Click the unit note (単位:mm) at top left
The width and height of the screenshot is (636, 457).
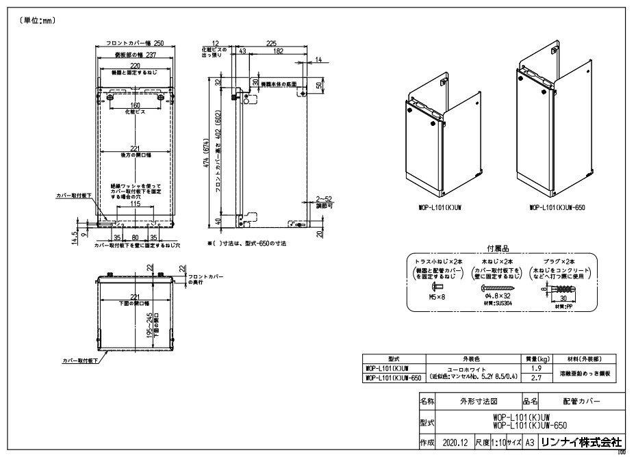(x=34, y=21)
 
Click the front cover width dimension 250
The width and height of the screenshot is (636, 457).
(x=159, y=42)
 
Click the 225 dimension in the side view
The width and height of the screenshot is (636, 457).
(x=271, y=42)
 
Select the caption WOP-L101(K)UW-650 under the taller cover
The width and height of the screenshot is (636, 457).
(x=553, y=206)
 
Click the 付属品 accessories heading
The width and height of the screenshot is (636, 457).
(x=498, y=250)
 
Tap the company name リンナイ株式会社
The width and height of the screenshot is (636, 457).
(x=580, y=442)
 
